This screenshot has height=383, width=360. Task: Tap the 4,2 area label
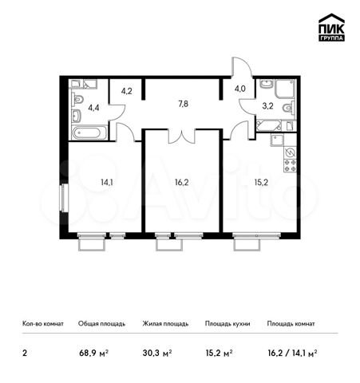[125, 90]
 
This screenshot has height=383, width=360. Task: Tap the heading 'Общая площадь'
[101, 324]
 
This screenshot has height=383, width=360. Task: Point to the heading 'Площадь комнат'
[291, 324]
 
